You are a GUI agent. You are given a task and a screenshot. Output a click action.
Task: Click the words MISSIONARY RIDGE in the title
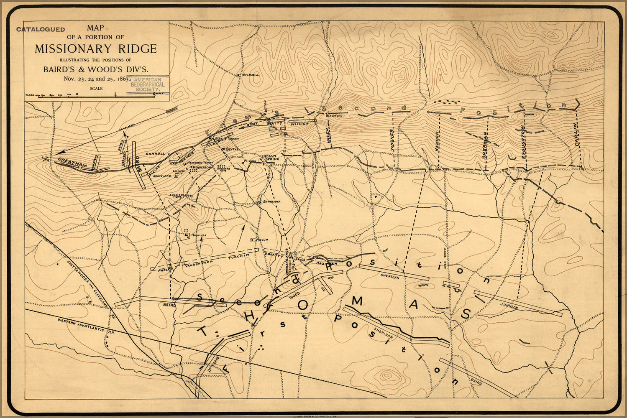(95, 49)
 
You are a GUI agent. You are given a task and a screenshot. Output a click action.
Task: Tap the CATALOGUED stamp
(41, 30)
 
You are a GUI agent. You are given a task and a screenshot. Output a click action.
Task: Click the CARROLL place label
(156, 154)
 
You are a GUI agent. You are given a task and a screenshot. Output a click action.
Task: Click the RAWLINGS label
(199, 236)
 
